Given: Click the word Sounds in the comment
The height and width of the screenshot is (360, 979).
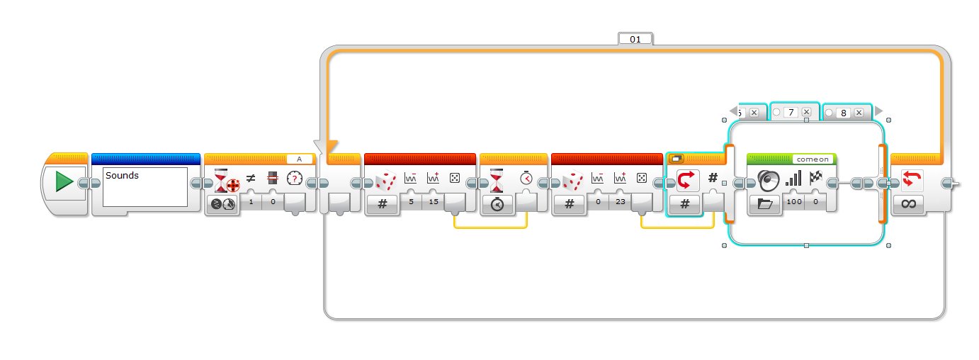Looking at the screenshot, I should pyautogui.click(x=123, y=175).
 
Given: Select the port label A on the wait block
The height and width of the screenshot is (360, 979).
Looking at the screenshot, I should pyautogui.click(x=300, y=159).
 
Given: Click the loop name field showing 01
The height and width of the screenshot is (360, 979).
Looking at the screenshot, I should pyautogui.click(x=635, y=39).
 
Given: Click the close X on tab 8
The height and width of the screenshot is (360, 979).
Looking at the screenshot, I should pyautogui.click(x=859, y=112).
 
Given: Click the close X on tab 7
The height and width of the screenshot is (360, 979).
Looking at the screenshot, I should pyautogui.click(x=806, y=112).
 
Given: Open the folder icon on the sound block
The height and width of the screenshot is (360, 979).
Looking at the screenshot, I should pyautogui.click(x=764, y=204).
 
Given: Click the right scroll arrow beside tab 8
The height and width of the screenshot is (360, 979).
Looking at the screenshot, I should pyautogui.click(x=878, y=111).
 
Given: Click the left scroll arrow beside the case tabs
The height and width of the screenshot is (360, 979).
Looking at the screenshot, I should pyautogui.click(x=734, y=111).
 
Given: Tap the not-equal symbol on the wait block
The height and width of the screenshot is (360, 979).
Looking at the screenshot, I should pyautogui.click(x=250, y=179).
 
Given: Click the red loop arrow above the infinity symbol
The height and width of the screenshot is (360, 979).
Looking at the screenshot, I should pyautogui.click(x=912, y=179).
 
